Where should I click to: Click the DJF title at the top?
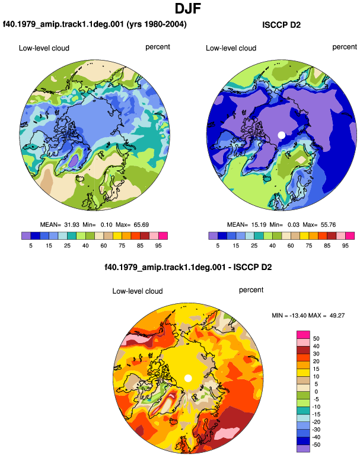point(188,8)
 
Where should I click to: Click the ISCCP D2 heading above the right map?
point(281,25)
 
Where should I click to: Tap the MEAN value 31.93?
point(72,225)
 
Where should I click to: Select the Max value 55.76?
point(328,225)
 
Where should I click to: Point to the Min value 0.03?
point(294,225)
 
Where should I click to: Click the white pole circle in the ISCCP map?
point(281,135)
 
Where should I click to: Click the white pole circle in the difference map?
point(188,378)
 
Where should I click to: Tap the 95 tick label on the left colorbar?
point(158,246)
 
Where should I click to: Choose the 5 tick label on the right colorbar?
point(218,246)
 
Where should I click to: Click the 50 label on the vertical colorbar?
point(316,339)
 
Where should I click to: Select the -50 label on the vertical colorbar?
point(316,445)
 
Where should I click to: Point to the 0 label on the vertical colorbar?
point(316,392)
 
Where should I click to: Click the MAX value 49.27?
point(337,315)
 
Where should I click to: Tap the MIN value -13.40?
point(298,315)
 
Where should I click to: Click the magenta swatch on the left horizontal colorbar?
point(163,236)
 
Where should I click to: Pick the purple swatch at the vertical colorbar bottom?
point(303,449)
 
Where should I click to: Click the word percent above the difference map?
point(251,290)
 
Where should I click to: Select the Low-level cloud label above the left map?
point(44,48)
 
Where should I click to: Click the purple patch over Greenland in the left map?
point(74,161)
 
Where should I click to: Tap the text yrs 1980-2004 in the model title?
point(157,24)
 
